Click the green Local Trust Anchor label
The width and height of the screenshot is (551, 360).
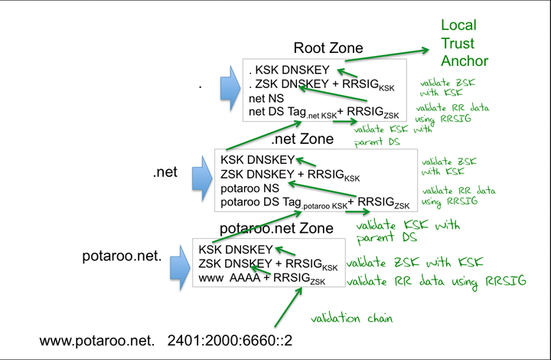coord(464,43)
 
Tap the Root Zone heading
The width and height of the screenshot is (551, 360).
coord(328,48)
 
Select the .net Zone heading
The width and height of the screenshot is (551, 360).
coord(302,139)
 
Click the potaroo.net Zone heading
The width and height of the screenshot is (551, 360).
coord(276,228)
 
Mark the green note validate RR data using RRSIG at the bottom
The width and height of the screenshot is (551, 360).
coord(436,283)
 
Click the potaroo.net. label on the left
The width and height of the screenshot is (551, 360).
coord(122,256)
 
